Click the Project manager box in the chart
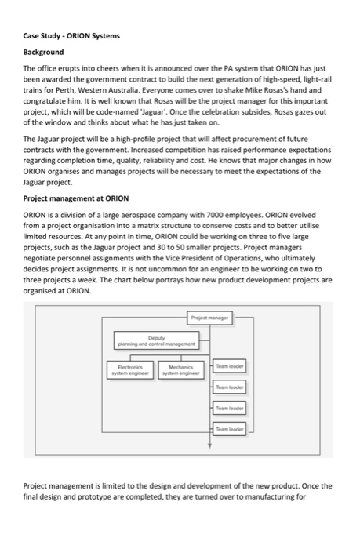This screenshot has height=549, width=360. pyautogui.click(x=209, y=318)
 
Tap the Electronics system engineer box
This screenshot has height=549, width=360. pyautogui.click(x=126, y=368)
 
